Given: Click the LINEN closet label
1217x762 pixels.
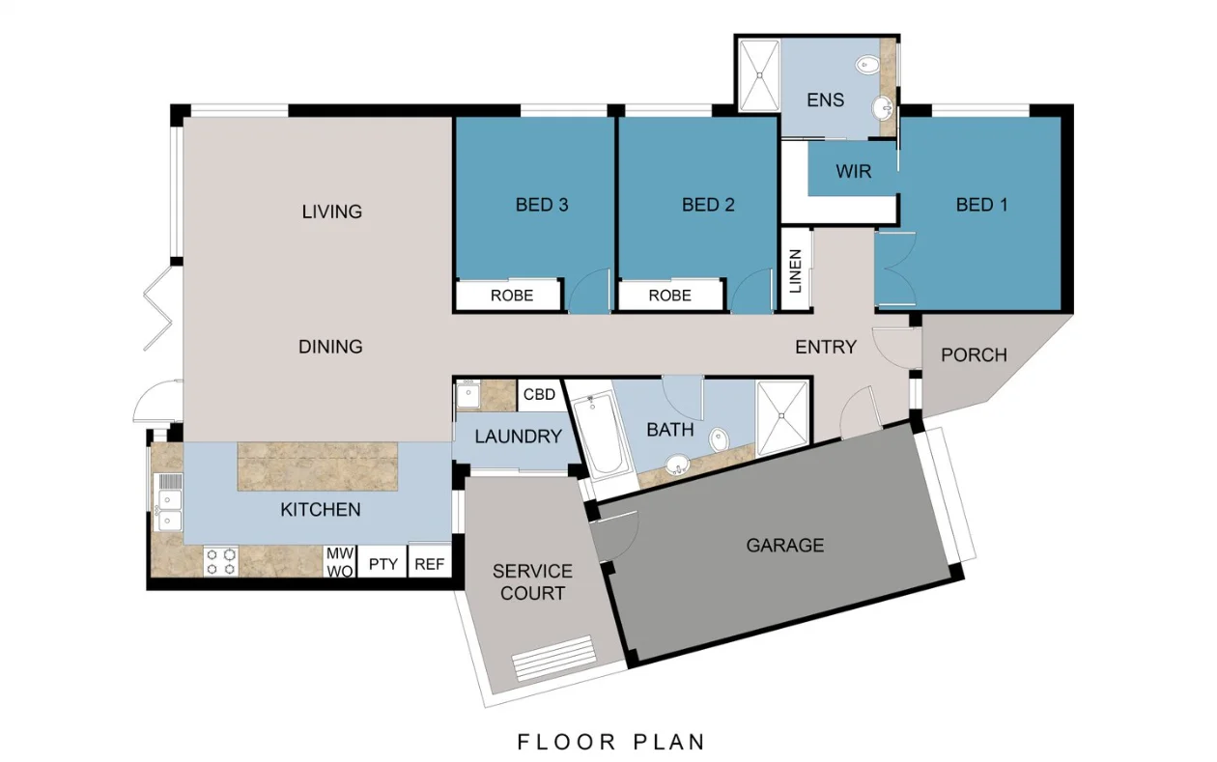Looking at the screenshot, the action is click(796, 270).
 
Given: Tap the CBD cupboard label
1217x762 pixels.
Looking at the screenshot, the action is click(540, 394).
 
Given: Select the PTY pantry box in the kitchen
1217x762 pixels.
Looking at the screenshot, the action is click(383, 564).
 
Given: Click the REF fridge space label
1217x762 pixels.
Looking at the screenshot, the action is click(429, 564).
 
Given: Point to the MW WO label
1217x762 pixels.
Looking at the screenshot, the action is click(340, 562).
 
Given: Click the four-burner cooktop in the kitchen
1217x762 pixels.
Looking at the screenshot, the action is click(221, 561).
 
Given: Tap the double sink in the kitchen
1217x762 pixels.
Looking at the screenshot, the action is click(168, 509).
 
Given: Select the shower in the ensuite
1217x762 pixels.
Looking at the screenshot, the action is click(759, 75).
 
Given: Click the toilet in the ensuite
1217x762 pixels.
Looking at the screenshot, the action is click(867, 65).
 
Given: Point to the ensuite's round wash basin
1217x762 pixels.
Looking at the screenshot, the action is click(883, 108).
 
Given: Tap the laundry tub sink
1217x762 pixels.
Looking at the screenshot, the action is click(467, 394).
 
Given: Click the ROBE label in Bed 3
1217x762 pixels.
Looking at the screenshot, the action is click(512, 296).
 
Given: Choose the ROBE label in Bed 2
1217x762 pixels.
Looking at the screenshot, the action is click(670, 296).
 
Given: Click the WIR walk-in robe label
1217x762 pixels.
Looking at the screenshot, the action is click(854, 172).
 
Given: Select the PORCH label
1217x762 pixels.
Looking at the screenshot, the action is click(975, 355).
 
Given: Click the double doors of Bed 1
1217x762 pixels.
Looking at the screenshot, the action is click(895, 268).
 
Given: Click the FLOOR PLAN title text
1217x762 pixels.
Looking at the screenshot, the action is click(611, 742).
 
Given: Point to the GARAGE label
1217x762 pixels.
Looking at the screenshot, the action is click(785, 546).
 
